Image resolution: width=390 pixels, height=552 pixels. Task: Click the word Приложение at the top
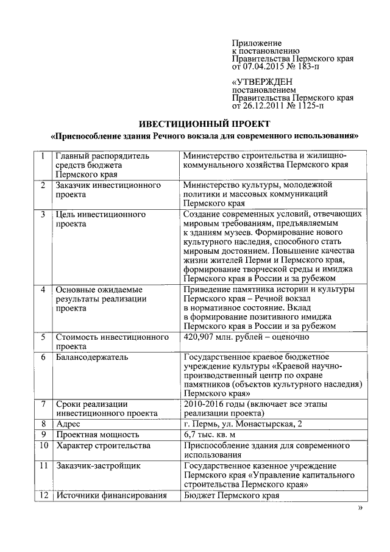click(257, 43)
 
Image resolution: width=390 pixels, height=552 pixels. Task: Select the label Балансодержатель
click(91, 357)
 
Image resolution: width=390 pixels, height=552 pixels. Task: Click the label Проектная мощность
click(97, 435)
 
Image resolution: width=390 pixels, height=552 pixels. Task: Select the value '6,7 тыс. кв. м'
click(213, 435)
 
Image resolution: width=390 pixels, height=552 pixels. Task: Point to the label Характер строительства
click(103, 446)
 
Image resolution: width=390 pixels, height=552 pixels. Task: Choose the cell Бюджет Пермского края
click(231, 495)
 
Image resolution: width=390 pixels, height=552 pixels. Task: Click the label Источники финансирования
click(111, 495)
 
